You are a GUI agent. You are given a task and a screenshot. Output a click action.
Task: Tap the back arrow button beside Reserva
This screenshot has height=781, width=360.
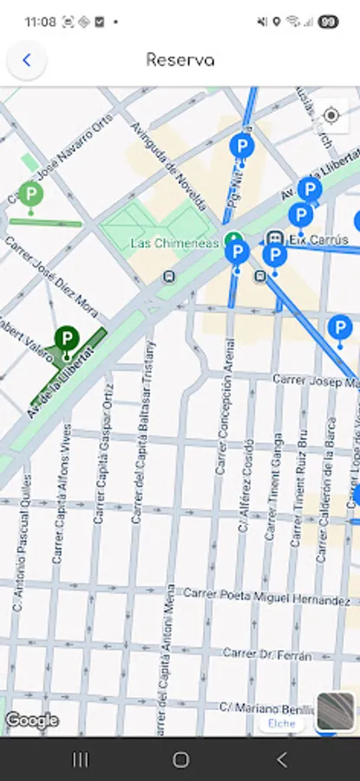[27, 61]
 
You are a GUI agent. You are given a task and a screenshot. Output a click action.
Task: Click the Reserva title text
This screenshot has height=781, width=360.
[180, 61]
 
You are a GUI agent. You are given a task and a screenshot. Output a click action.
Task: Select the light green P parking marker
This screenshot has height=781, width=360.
[30, 194]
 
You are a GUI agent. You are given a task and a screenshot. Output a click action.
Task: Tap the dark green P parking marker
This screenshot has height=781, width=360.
[66, 339]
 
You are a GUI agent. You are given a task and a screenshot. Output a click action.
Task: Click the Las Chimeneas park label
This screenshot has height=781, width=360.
[174, 244]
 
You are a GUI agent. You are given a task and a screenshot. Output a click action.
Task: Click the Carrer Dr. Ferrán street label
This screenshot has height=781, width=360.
[266, 654]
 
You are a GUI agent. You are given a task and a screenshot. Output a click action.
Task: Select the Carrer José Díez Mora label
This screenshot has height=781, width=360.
[52, 276]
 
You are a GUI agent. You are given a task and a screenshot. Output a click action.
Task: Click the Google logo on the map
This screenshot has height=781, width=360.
[32, 720]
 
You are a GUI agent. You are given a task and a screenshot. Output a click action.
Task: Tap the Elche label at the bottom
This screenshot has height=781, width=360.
[281, 723]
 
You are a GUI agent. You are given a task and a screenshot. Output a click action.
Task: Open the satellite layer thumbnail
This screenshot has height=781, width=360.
[335, 712]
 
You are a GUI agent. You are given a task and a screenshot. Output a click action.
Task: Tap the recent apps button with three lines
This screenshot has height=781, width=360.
[80, 760]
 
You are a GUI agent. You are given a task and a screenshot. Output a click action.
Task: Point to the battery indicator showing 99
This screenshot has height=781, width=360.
[327, 20]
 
